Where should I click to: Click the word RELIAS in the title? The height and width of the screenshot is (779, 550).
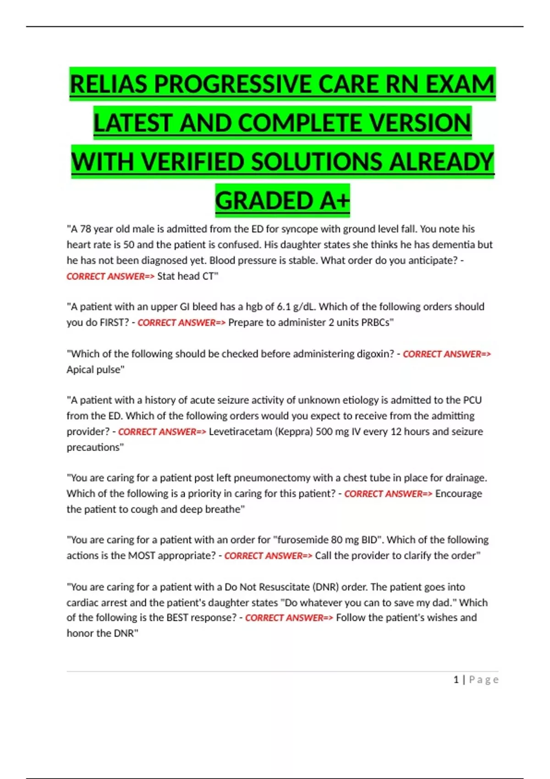109,84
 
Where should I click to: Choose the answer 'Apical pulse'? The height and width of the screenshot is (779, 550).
95,369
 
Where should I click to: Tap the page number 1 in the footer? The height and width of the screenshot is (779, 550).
456,680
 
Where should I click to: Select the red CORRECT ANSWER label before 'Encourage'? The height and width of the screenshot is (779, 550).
388,494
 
